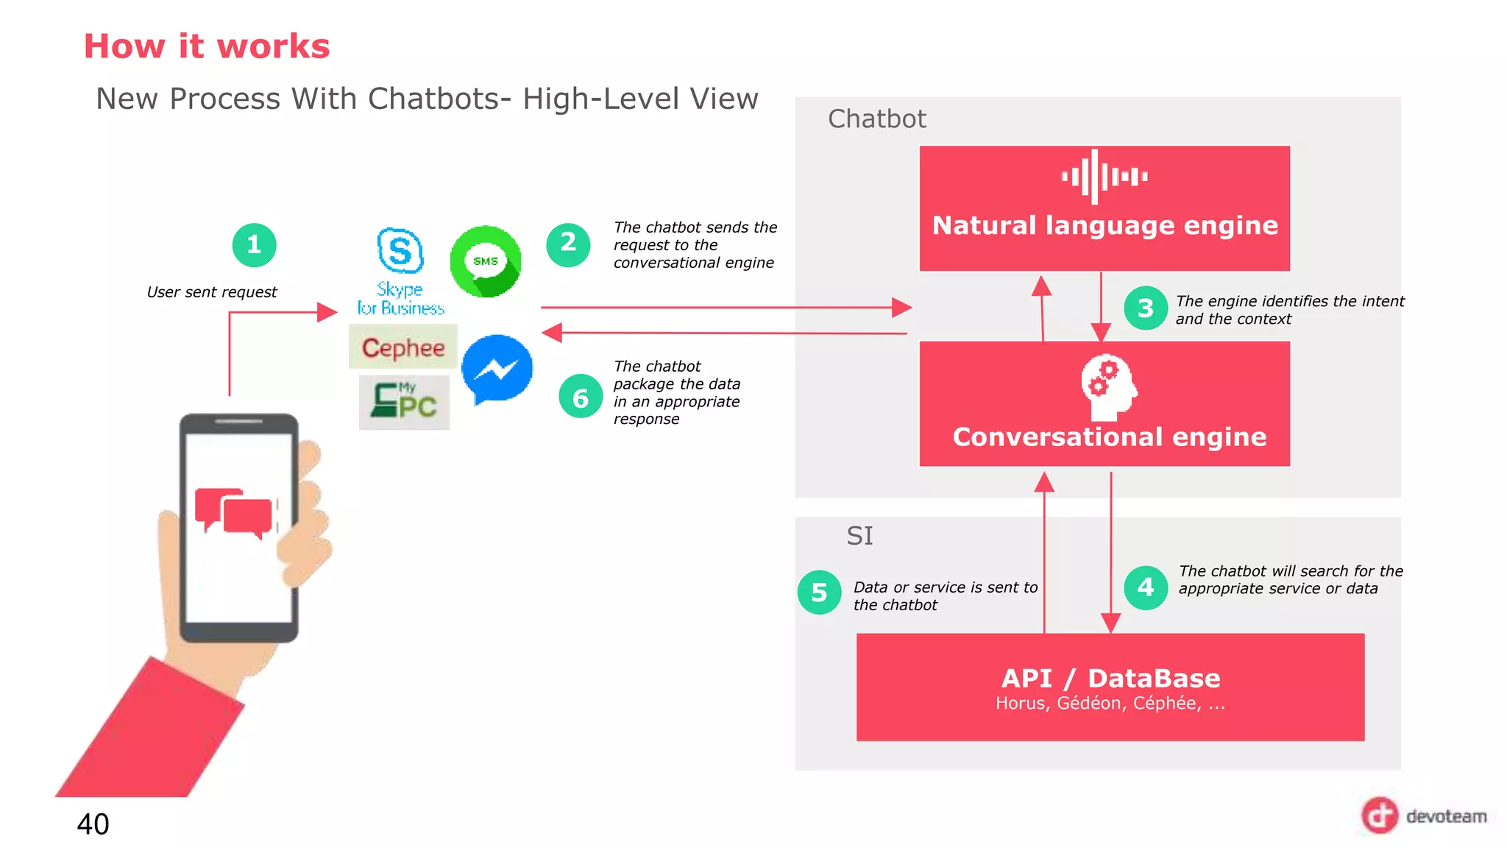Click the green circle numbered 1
(x=254, y=245)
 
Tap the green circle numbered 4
(x=1146, y=587)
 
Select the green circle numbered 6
(x=581, y=397)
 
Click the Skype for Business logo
(x=400, y=271)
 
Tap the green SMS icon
(x=486, y=261)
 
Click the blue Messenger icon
(x=497, y=369)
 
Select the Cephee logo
(x=403, y=347)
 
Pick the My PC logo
(x=404, y=402)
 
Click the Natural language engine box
(x=1104, y=209)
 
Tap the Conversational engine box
(x=1104, y=403)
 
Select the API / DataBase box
(x=1110, y=687)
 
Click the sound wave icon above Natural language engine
(x=1104, y=177)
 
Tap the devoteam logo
(x=1423, y=816)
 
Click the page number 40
(x=93, y=824)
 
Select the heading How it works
(x=207, y=46)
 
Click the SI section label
(x=859, y=536)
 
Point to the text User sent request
(x=212, y=292)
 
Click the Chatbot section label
(x=876, y=119)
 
